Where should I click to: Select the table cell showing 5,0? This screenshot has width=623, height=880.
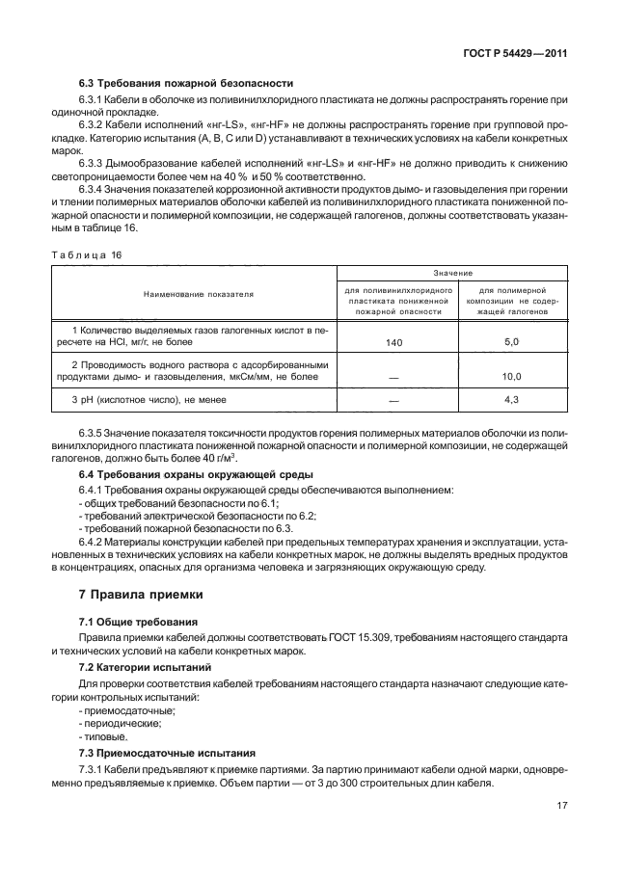pos(512,341)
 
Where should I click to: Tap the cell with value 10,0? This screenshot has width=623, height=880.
pos(512,377)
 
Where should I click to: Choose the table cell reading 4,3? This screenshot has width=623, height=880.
pos(512,399)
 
